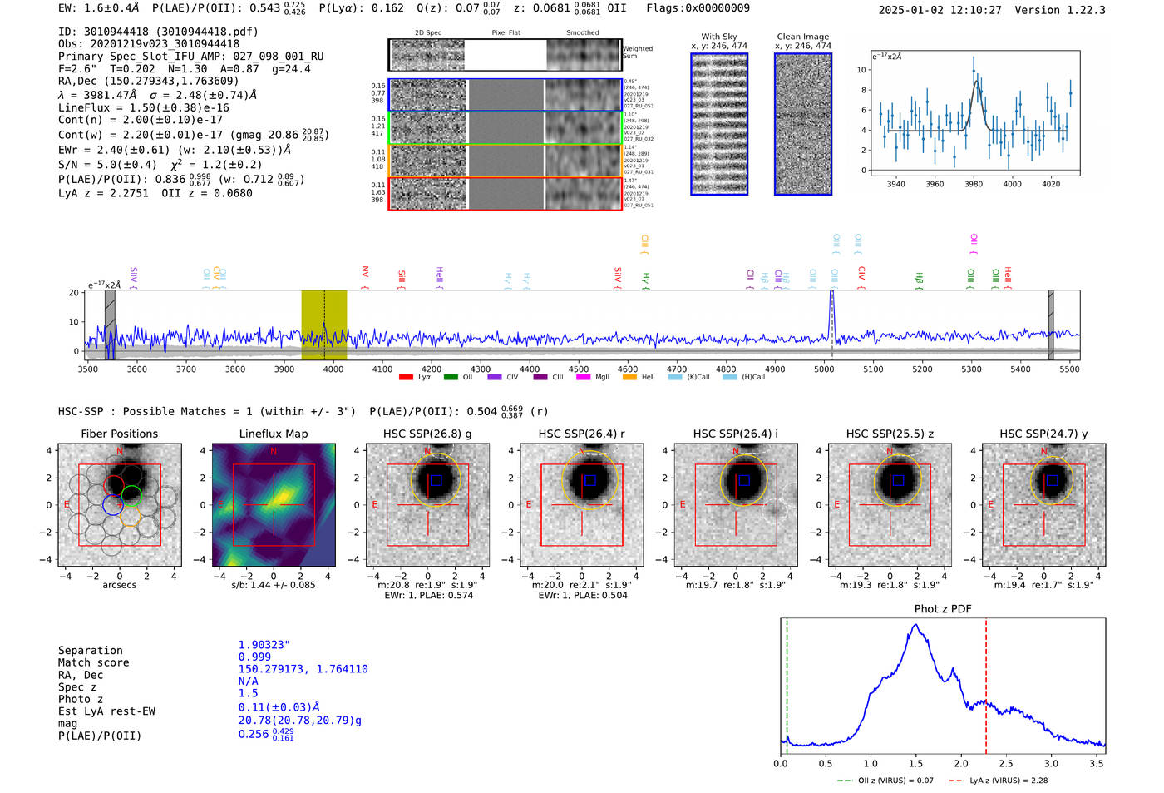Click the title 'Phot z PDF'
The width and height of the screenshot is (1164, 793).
pos(943,609)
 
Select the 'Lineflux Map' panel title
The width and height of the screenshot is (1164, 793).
pos(274,434)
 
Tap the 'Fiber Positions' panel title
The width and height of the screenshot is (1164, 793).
pos(120,434)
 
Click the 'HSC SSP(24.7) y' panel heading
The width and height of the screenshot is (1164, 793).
pos(1043,434)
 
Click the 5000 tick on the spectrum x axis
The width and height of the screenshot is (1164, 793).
pos(824,369)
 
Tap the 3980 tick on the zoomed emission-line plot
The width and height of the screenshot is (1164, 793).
pos(974,184)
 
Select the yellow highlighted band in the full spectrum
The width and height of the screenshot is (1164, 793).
pos(323,325)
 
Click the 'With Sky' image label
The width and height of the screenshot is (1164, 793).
pos(719,37)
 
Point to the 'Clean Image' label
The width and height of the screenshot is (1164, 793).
pos(803,37)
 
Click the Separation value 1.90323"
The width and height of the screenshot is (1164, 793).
pos(264,645)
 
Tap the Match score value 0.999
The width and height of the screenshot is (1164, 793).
pos(254,657)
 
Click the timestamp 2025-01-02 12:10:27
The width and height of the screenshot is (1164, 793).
pos(940,10)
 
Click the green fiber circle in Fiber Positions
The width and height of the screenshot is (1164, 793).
pos(131,497)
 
